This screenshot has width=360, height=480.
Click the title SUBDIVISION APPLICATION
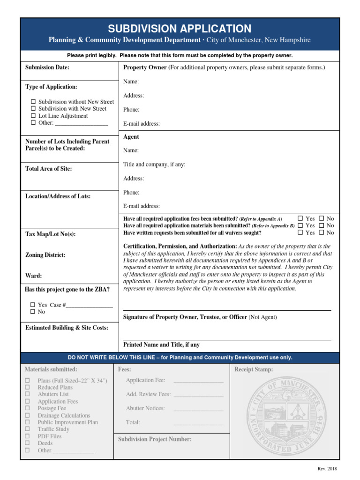click(x=180, y=29)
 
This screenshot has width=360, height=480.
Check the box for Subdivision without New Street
click(x=33, y=102)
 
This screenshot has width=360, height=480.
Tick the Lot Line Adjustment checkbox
click(x=33, y=116)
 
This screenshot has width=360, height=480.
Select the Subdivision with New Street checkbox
click(x=33, y=109)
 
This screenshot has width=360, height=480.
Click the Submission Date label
click(x=47, y=67)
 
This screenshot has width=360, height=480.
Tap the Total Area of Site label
click(x=48, y=169)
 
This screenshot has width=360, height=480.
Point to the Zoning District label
click(x=45, y=255)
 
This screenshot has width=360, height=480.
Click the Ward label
click(x=33, y=276)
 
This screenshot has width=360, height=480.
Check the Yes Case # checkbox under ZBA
click(x=33, y=305)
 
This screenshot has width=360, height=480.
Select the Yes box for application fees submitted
click(x=300, y=218)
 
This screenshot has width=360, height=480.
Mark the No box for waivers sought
click(x=322, y=232)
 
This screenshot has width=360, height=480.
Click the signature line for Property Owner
click(x=227, y=310)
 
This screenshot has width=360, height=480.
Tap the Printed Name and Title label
click(x=161, y=345)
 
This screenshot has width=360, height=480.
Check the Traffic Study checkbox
click(x=27, y=429)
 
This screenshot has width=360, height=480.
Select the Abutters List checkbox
click(x=27, y=394)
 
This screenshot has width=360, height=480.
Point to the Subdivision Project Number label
click(x=155, y=439)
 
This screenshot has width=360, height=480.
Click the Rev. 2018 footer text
click(x=327, y=469)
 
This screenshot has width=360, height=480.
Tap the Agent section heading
click(x=131, y=137)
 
